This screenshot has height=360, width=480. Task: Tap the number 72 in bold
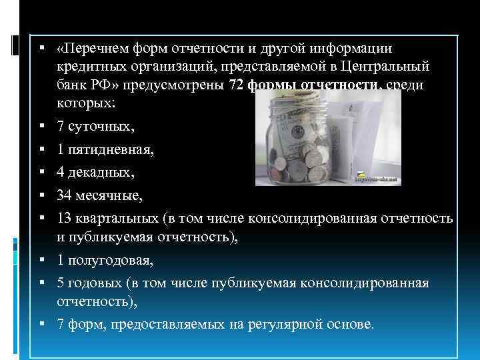[236, 86]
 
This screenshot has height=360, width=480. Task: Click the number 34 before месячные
[65, 197]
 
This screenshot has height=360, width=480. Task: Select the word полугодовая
[109, 261]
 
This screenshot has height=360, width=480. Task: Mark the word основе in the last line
[351, 325]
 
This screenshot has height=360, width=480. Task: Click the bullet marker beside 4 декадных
[41, 174]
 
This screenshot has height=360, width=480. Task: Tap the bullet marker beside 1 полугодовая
[41, 261]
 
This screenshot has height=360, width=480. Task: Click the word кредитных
[87, 67]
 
